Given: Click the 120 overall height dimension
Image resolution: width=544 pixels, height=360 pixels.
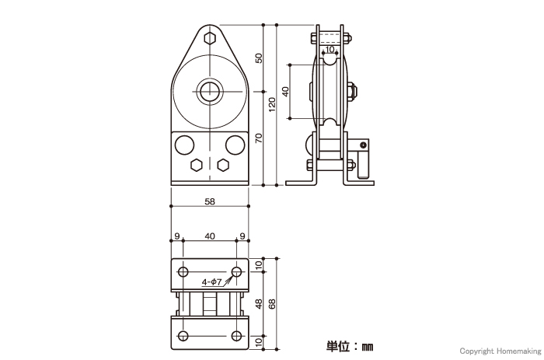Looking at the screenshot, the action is coord(272,104).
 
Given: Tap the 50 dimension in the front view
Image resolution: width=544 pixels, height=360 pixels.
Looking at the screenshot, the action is coord(259,58).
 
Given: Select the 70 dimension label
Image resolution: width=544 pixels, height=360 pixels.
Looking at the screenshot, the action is coord(259,138).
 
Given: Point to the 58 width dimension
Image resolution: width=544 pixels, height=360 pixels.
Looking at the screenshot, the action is coord(210,201).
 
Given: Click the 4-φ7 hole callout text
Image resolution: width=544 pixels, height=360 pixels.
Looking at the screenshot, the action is coord(211,282).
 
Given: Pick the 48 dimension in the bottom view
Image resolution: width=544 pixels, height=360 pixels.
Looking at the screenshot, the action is coord(259,304).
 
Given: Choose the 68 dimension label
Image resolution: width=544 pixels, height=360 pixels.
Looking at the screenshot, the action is coord(272,304).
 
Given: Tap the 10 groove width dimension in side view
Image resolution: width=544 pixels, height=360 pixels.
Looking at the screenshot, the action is coord(330,49).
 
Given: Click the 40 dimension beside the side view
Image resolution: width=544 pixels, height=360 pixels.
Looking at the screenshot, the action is coord(285,92).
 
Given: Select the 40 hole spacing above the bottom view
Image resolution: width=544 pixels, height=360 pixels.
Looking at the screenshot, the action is coord(210,236).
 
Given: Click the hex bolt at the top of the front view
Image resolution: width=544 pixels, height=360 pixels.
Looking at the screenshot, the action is coord(210,38).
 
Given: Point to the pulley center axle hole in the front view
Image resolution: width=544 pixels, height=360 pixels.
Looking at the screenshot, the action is coord(210,92).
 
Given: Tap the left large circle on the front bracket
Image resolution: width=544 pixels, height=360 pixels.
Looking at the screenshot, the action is coord(184,145).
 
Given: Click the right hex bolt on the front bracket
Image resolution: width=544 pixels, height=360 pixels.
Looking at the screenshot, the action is coord(223,166).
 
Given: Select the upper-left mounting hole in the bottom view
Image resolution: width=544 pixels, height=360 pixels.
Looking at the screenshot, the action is coord(183,272).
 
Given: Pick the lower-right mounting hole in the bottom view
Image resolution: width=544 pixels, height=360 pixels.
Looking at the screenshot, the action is coord(236,336).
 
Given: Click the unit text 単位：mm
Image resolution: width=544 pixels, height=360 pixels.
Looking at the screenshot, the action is coord(350,346).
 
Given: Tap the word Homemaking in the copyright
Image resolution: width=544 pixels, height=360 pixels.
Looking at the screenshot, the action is coord(518,351).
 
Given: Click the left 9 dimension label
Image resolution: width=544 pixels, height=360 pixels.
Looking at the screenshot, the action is coord(176,236).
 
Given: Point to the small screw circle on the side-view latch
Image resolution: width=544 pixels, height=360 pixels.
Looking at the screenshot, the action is coord(363,145).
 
